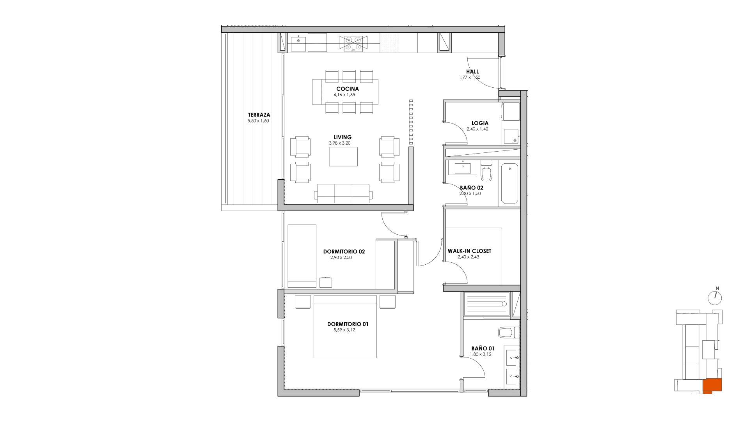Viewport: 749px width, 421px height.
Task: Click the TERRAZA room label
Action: (259, 115)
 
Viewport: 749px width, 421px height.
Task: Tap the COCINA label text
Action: (348, 89)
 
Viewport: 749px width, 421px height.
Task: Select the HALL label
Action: (472, 72)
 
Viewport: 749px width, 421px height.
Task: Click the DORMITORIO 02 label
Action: (344, 252)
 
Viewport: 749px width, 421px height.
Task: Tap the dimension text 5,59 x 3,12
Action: (344, 330)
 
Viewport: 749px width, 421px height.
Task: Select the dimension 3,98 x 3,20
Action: (340, 143)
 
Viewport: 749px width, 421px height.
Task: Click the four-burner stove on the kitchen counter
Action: (353, 43)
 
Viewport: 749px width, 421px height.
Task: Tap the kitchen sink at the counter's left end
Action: (299, 43)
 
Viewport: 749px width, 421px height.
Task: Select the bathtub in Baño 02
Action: (509, 184)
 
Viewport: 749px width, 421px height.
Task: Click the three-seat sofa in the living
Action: (343, 193)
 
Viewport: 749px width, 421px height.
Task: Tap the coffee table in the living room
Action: (343, 156)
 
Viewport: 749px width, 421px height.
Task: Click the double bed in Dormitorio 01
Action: (345, 327)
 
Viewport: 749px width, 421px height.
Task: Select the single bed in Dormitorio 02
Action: (302, 256)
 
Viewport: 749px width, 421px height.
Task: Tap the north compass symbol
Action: (715, 298)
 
